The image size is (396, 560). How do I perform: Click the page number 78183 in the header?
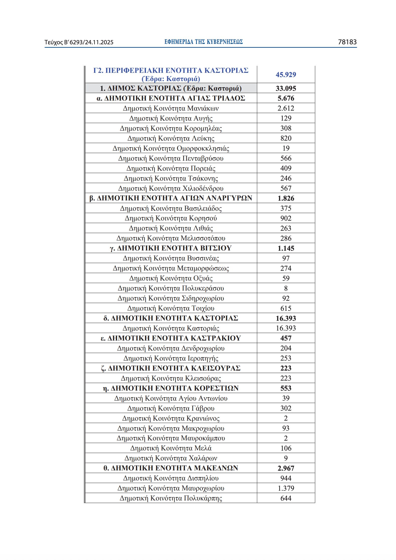coord(347,42)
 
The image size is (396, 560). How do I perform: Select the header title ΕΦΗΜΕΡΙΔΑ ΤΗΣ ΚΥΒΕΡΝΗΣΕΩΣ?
coord(203,42)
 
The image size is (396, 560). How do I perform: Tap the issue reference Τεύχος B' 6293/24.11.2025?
coord(79,42)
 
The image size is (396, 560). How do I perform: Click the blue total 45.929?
coord(286,75)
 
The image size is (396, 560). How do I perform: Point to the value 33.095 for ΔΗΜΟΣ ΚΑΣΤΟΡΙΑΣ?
coord(286,88)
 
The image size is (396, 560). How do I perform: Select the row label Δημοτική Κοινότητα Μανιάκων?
coord(171,108)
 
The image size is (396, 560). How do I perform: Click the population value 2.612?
coord(286,108)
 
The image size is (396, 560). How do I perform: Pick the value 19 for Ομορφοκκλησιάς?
coord(286,148)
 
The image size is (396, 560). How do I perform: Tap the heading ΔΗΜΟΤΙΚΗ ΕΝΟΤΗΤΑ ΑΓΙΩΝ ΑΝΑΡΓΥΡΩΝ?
coord(171,198)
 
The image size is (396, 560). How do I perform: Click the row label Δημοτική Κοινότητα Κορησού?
coord(171,218)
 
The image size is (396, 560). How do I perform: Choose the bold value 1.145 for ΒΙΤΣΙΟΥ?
coord(286,248)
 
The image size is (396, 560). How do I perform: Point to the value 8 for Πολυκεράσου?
coord(286,288)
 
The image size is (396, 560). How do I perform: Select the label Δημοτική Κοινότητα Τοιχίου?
coord(171,308)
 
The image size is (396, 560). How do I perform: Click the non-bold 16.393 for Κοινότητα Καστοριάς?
coord(286,328)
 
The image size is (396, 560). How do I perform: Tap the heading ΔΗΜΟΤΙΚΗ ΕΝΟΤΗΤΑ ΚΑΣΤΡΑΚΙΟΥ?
coord(171,338)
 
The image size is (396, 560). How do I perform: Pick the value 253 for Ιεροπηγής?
coord(286,358)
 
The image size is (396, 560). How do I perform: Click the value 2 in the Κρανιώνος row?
coord(286,418)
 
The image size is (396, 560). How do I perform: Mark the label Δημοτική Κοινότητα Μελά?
coord(171,448)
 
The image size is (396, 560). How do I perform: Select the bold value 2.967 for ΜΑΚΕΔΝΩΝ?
coord(286,468)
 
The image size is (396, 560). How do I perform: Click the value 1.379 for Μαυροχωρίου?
coord(286,488)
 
